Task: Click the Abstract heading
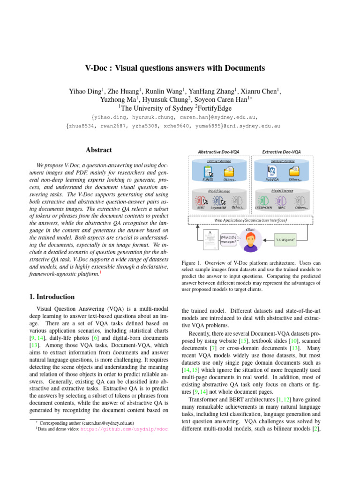click(99, 150)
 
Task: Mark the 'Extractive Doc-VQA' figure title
click(281, 152)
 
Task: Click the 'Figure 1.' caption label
click(192, 263)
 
